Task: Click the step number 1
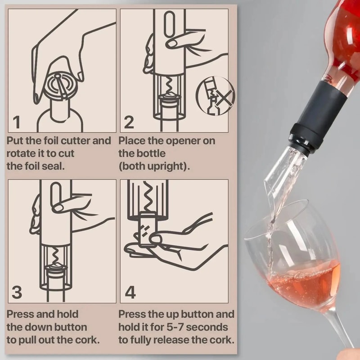(17, 122)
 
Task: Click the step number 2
(129, 122)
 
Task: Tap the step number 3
(17, 292)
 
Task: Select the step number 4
(130, 292)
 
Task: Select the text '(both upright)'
(154, 166)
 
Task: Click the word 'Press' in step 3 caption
(22, 314)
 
